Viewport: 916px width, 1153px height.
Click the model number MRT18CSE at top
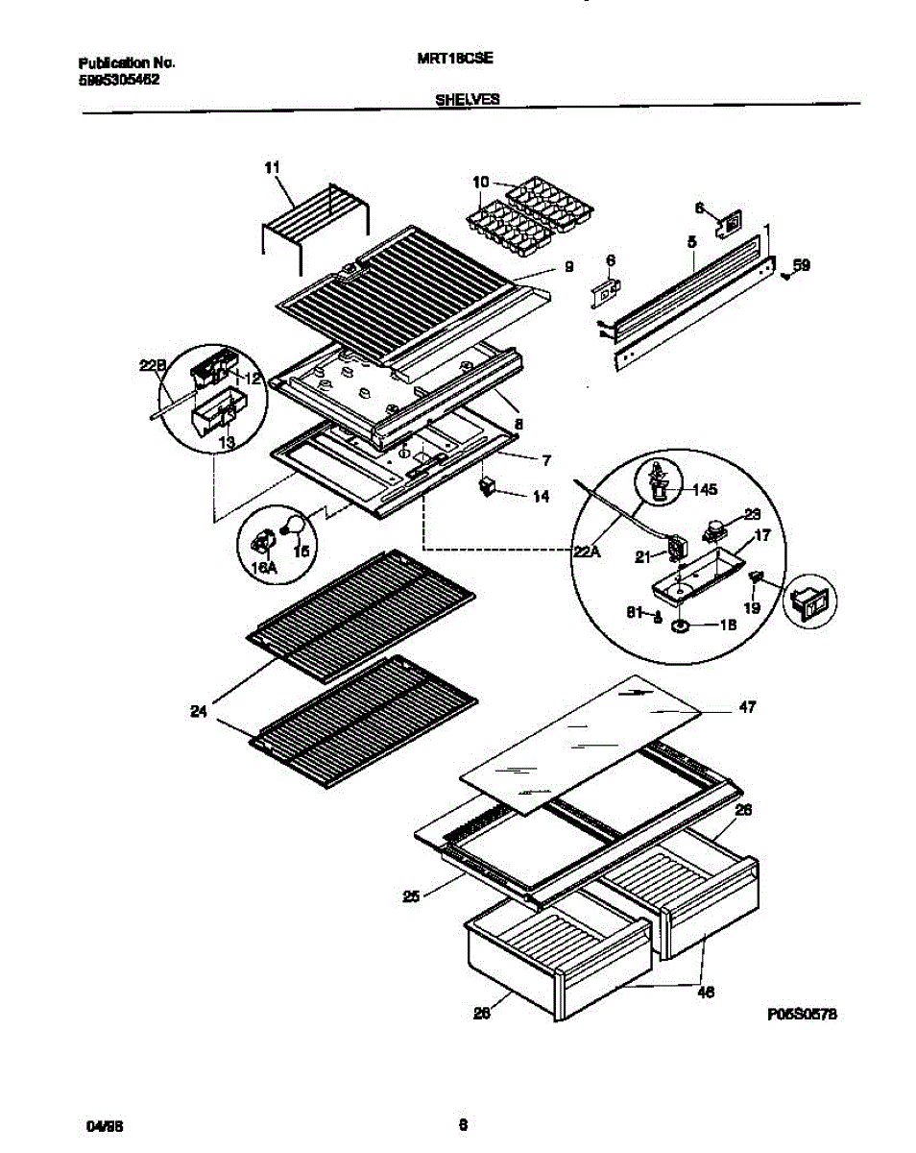click(x=456, y=58)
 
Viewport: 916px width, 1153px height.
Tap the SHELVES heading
click(x=468, y=98)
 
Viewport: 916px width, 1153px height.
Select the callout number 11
click(x=272, y=167)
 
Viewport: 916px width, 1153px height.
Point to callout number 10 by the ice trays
click(x=481, y=181)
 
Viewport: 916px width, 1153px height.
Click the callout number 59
click(x=802, y=265)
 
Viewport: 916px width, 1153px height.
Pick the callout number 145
click(x=704, y=490)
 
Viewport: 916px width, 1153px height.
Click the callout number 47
click(x=747, y=707)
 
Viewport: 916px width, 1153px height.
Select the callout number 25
click(x=412, y=897)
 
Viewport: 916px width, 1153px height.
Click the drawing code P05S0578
click(x=803, y=1014)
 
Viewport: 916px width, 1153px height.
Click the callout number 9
click(x=568, y=268)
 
